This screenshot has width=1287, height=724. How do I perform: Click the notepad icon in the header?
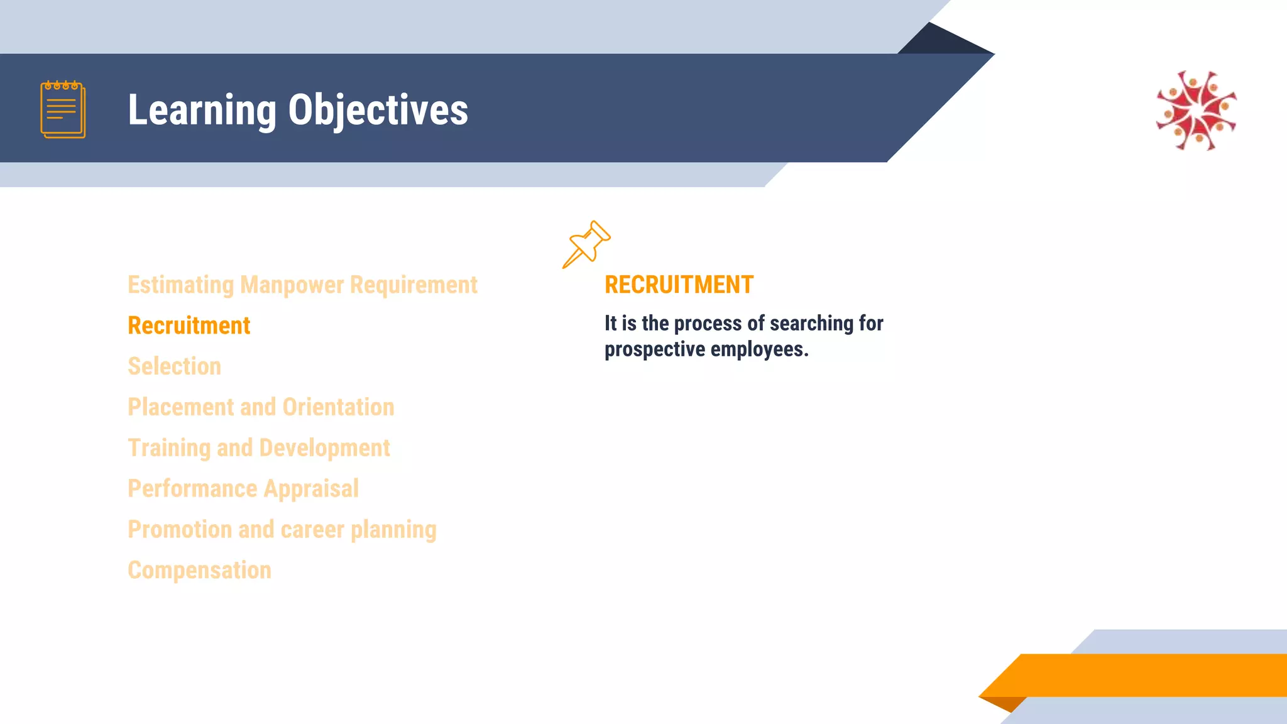pyautogui.click(x=63, y=109)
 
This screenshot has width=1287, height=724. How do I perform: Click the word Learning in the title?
pyautogui.click(x=202, y=111)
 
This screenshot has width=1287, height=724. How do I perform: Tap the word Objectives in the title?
pyautogui.click(x=378, y=111)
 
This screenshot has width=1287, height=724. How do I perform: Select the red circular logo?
pyautogui.click(x=1197, y=111)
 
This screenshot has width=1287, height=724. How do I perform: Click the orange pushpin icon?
pyautogui.click(x=586, y=244)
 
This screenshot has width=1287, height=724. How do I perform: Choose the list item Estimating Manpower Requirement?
pyautogui.click(x=302, y=285)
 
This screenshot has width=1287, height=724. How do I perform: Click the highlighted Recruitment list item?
pyautogui.click(x=189, y=326)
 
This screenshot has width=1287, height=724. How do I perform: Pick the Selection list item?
pyautogui.click(x=174, y=366)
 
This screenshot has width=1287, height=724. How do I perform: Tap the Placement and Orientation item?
pyautogui.click(x=261, y=407)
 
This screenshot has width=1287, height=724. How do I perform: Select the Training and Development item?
pyautogui.click(x=258, y=448)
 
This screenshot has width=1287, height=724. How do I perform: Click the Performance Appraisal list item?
pyautogui.click(x=243, y=489)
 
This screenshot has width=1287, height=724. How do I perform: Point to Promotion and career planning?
pyautogui.click(x=282, y=530)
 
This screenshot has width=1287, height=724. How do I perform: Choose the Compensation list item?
pyautogui.click(x=199, y=571)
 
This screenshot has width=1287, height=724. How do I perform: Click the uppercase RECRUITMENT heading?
pyautogui.click(x=679, y=285)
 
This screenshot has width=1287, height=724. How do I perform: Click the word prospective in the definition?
pyautogui.click(x=654, y=349)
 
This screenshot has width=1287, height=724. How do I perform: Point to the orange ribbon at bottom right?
pyautogui.click(x=1144, y=675)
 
